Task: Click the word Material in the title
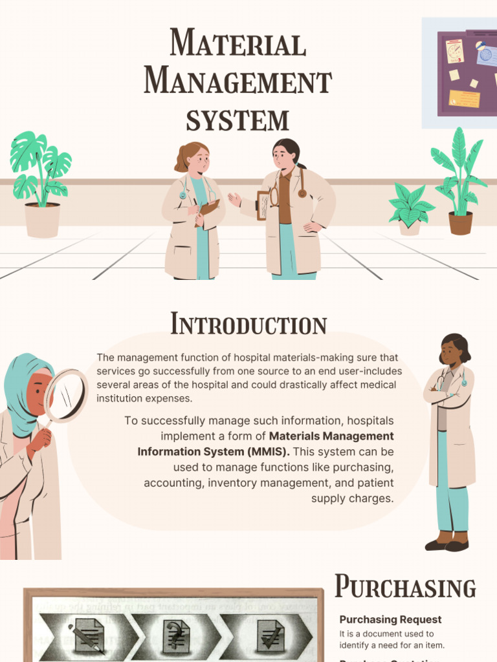(x=237, y=44)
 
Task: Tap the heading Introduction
(x=248, y=325)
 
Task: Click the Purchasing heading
(x=405, y=587)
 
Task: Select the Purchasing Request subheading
(x=390, y=619)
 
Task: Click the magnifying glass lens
(x=67, y=396)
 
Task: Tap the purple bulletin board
(x=466, y=72)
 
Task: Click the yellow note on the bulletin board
(x=464, y=99)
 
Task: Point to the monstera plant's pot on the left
(x=42, y=220)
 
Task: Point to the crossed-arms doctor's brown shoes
(x=447, y=542)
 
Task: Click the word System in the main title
(x=237, y=120)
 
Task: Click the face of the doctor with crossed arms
(x=451, y=354)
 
